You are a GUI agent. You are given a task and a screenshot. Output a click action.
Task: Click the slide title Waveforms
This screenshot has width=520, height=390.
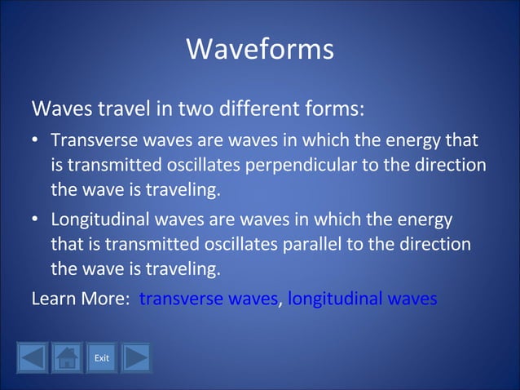pos(260,49)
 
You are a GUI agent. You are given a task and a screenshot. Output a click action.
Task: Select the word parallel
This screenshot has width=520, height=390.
pos(334,244)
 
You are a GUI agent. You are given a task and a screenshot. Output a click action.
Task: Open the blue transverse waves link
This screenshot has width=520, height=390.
pos(209,299)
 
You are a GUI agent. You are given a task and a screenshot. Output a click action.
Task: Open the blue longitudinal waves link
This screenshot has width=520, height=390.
pos(362,299)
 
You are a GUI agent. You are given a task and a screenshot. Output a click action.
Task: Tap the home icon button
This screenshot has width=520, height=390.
pos(67,357)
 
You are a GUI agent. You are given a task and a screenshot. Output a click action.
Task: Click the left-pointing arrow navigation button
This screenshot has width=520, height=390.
pos(33,357)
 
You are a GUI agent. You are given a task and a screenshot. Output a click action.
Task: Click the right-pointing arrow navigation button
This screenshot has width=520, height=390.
pos(136,357)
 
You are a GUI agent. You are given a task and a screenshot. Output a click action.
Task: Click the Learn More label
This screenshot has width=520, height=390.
pos(77,299)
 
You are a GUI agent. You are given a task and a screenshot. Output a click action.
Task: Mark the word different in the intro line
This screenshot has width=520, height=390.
pos(260,109)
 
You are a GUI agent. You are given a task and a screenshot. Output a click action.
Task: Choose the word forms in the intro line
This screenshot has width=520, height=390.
pos(336,109)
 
